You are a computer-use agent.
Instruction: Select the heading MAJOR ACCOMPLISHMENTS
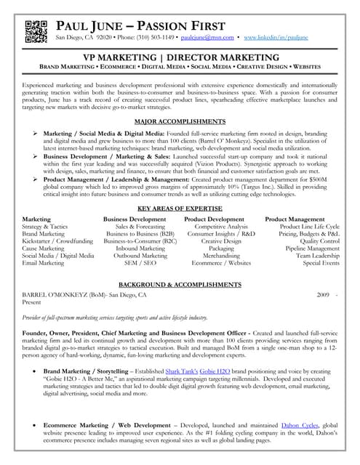click(179, 122)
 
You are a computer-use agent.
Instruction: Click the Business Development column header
click(135, 219)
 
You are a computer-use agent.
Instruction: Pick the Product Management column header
click(295, 219)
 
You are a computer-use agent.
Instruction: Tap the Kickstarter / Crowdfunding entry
click(57, 240)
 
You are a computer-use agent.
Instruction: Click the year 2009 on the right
click(323, 296)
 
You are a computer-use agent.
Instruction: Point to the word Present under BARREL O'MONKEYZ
click(33, 303)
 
